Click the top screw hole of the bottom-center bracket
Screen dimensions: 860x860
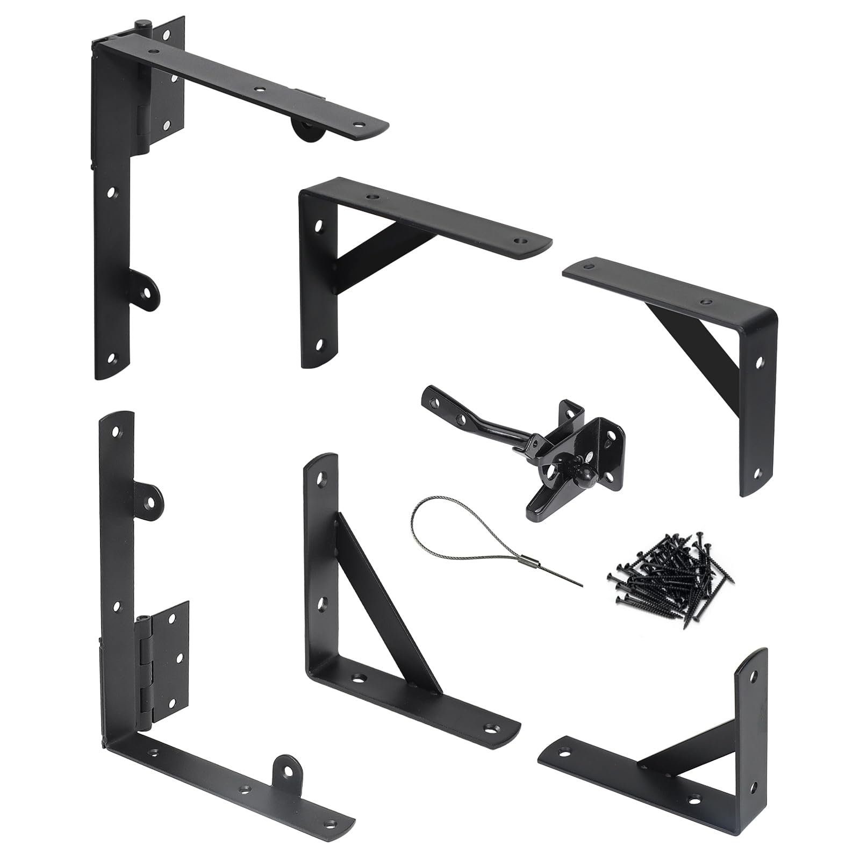coord(325,478)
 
